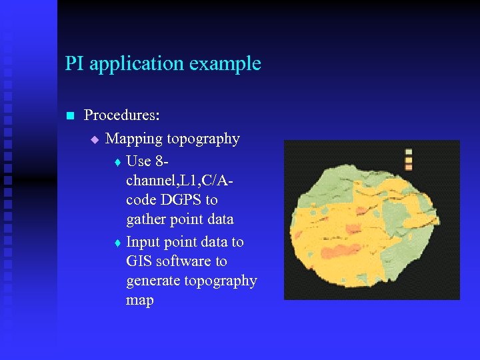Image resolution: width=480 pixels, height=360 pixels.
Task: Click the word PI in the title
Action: [75, 64]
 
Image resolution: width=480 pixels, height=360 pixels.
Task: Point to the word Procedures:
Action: [122, 115]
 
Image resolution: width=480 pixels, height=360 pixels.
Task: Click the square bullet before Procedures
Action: [69, 116]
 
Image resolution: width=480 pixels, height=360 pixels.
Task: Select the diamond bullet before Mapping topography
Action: [94, 139]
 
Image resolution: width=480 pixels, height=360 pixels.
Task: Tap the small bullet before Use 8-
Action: [117, 162]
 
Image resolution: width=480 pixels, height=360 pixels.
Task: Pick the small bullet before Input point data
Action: [117, 243]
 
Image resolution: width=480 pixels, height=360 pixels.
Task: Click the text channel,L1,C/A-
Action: [181, 181]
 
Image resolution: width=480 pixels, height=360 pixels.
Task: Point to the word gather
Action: [147, 219]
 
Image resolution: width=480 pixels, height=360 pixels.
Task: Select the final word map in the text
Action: [139, 300]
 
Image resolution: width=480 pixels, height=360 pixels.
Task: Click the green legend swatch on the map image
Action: [409, 153]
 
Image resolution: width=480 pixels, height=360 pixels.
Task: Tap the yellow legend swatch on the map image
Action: [409, 160]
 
